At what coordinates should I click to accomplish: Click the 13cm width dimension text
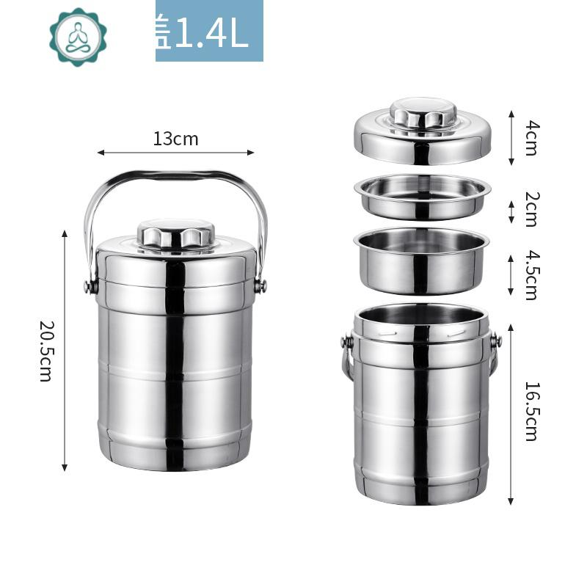175,139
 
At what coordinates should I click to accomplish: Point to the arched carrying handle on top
175,176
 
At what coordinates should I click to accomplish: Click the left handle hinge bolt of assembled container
91,285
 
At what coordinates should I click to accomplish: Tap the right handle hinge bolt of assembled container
260,285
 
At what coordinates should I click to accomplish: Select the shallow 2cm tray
422,197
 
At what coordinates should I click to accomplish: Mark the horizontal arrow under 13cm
175,153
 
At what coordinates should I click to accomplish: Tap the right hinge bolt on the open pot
496,340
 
